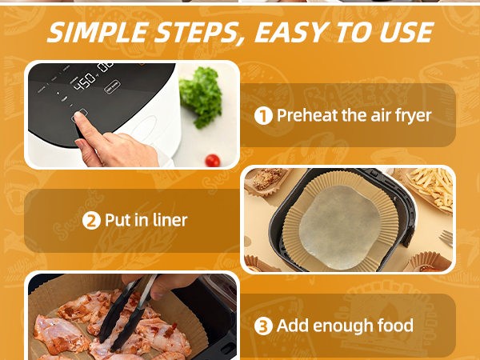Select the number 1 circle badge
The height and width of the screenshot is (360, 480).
(263, 116)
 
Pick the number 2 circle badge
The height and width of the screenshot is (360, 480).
(92, 220)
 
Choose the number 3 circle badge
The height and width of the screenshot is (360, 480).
(263, 326)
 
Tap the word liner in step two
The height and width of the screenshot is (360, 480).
(168, 220)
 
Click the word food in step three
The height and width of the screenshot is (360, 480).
(392, 326)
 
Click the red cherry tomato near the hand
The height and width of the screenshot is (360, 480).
(213, 160)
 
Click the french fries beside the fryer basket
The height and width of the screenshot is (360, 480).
(433, 189)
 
